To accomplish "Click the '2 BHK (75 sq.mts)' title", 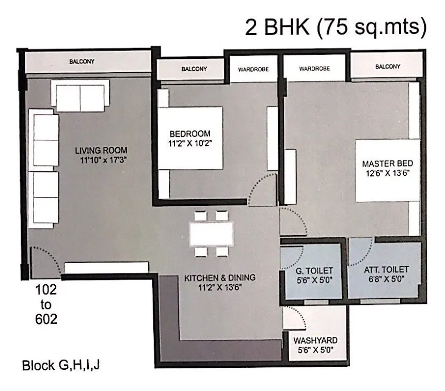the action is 336,27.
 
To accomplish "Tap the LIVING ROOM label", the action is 101,150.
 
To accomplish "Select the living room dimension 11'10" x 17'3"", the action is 103,160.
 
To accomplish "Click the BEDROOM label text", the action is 190,134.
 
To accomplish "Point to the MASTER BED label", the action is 387,164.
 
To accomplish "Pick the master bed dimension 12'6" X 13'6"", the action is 387,173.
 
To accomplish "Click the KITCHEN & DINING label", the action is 220,278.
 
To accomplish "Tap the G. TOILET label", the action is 314,271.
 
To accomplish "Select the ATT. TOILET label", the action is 386,270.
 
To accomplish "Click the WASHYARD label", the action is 315,340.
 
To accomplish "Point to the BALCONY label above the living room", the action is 82,61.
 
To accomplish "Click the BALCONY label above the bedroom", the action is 194,69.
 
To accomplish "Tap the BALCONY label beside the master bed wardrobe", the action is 388,67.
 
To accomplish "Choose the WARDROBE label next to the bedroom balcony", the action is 253,70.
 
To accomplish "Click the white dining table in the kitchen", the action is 212,234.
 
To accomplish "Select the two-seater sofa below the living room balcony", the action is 81,96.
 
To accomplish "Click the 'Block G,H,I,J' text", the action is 61,365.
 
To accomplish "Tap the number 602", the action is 46,319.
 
